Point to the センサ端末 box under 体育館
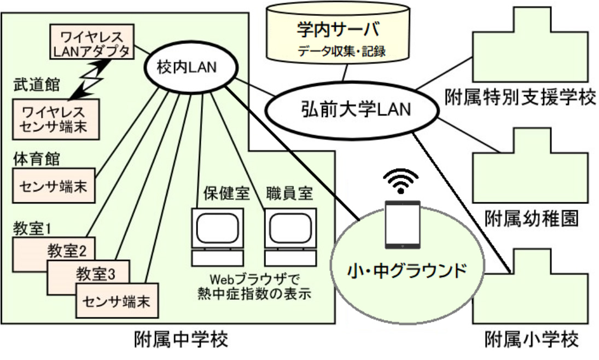tap(53, 184)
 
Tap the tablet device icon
tap(402, 224)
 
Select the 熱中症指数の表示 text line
tap(255, 293)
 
